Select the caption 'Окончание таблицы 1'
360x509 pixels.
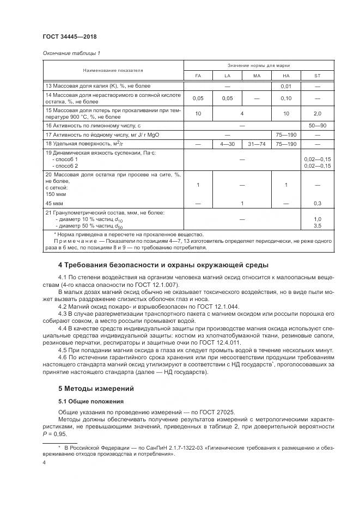click(71, 53)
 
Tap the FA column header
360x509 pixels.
click(198, 76)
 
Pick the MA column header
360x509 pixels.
click(257, 76)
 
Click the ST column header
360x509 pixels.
click(317, 76)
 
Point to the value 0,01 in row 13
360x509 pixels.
click(286, 86)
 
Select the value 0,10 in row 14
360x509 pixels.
click(286, 99)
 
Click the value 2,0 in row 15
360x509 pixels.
click(317, 113)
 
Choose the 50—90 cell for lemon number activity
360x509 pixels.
click(317, 125)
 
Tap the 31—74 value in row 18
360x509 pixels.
click(257, 144)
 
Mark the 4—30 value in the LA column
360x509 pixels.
click(228, 144)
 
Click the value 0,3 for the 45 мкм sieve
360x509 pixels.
click(317, 203)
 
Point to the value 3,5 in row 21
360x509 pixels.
click(317, 224)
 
